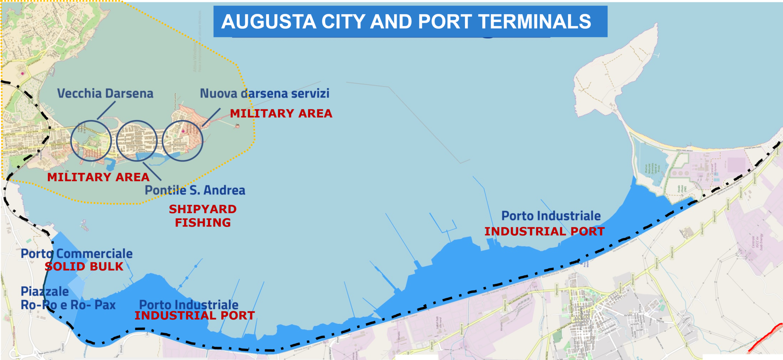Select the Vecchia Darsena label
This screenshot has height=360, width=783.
pyautogui.click(x=105, y=93)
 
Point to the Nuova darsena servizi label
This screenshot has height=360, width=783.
pyautogui.click(x=265, y=93)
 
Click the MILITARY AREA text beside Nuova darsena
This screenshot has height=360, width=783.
pyautogui.click(x=281, y=114)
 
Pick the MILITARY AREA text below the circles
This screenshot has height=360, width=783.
pyautogui.click(x=98, y=177)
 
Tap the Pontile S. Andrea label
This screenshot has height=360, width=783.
pyautogui.click(x=195, y=190)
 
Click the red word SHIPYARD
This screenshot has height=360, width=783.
pyautogui.click(x=203, y=209)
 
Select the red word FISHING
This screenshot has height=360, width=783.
pyautogui.click(x=203, y=222)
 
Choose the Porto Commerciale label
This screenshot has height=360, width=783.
pyautogui.click(x=76, y=253)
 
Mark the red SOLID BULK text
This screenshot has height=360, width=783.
pyautogui.click(x=84, y=266)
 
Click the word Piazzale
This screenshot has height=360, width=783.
pyautogui.click(x=45, y=291)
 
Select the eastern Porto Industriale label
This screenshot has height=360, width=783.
pyautogui.click(x=551, y=216)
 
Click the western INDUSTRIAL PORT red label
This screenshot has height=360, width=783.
pyautogui.click(x=195, y=316)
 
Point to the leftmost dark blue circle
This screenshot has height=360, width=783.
pyautogui.click(x=91, y=141)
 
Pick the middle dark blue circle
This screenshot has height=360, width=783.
pyautogui.click(x=137, y=141)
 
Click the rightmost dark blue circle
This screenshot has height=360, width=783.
pyautogui.click(x=182, y=141)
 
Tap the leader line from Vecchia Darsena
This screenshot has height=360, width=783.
pyautogui.click(x=106, y=110)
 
